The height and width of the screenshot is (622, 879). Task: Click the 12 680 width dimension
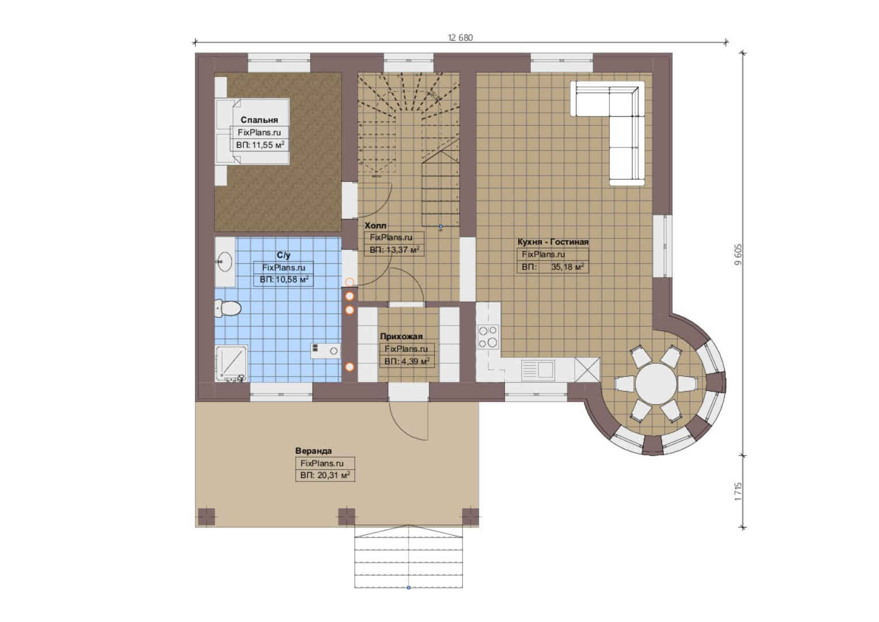[x=460, y=37]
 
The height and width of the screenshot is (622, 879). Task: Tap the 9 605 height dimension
[x=738, y=255]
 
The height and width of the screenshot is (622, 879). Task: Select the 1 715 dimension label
[x=738, y=491]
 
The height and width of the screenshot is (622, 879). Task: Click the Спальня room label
[x=259, y=120]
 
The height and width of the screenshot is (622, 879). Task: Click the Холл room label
[x=376, y=226]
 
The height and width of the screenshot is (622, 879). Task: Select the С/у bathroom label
[x=284, y=255]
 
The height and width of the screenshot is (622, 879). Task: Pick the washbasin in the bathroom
[x=225, y=261]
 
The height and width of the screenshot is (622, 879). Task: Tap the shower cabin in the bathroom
[x=231, y=363]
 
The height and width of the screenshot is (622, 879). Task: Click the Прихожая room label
[x=402, y=336]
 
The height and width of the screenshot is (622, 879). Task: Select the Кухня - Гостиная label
[x=553, y=242]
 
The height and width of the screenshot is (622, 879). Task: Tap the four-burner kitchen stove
[x=488, y=337]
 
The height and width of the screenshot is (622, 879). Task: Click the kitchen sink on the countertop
[x=538, y=370]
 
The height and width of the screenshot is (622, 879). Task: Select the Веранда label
[x=313, y=451]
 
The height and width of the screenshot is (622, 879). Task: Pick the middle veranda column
[x=346, y=516]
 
